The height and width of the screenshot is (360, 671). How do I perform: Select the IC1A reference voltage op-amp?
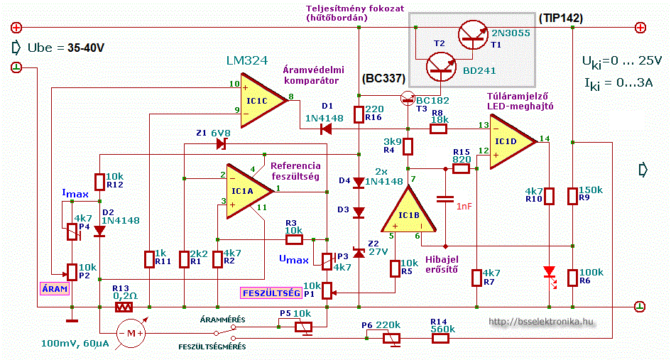[246, 191]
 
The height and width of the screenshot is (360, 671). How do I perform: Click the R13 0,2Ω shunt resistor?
[124, 307]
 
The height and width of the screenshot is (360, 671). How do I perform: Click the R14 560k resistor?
[440, 339]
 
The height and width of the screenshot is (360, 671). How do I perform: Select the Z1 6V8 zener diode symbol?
[222, 144]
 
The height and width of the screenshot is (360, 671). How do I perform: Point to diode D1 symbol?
[327, 129]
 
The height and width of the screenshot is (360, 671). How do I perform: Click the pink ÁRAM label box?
[55, 289]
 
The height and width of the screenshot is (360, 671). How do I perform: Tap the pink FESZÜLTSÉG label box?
[271, 293]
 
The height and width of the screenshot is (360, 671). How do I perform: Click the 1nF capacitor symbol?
[445, 199]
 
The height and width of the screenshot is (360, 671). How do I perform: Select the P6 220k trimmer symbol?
[392, 339]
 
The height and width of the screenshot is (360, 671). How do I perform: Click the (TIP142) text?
[561, 18]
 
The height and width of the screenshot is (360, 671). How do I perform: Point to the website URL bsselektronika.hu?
[541, 322]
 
